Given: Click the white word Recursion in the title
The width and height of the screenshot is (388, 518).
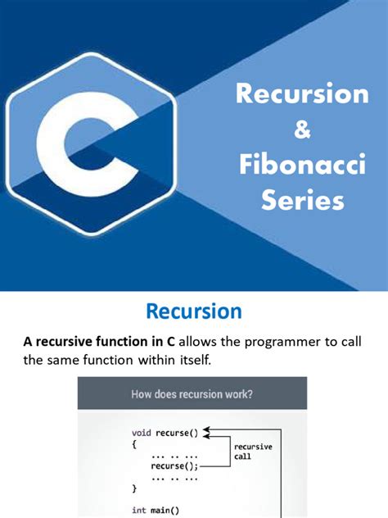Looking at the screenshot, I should [x=302, y=93].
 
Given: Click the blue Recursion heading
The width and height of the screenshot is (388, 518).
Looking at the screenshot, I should [x=193, y=311].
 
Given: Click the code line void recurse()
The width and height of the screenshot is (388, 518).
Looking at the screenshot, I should [x=165, y=431].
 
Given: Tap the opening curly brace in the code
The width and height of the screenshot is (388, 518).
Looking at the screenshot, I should [x=134, y=443].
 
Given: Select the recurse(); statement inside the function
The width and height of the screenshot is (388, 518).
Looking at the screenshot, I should [x=172, y=465].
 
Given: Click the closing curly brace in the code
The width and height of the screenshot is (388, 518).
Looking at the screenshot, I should [x=134, y=487].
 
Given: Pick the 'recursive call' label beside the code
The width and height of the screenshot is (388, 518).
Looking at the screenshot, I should [x=253, y=452].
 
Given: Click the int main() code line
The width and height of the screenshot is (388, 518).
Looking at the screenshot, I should [x=156, y=509].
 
